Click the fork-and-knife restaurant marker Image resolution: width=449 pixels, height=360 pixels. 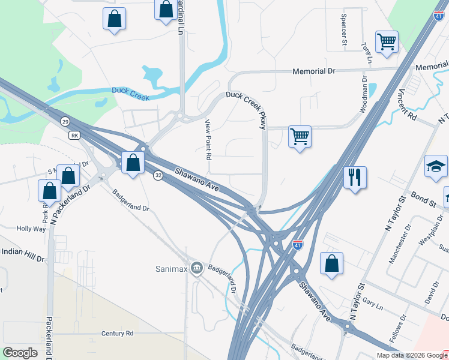click(354, 178)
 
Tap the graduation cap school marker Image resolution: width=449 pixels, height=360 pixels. click(436, 166)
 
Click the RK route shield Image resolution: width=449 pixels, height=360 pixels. click(74, 135)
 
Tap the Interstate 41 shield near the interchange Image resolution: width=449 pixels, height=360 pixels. click(297, 245)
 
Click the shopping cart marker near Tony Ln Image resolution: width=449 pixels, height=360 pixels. click(387, 42)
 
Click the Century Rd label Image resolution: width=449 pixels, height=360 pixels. click(117, 333)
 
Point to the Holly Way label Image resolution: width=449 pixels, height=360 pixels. click(31, 229)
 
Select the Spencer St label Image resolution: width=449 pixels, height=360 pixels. click(344, 30)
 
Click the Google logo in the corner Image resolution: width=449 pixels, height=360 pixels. click(20, 353)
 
